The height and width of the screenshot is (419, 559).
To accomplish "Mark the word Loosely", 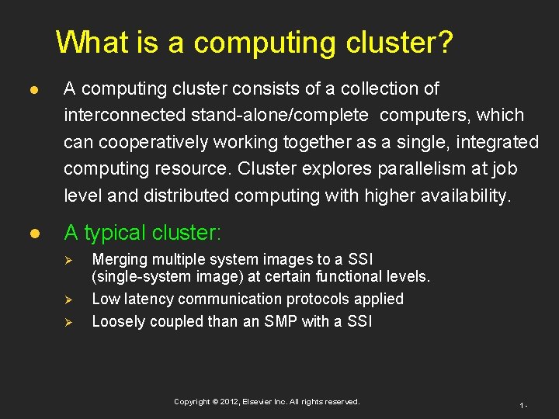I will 118,321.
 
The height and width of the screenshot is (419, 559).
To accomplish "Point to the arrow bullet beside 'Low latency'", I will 68,300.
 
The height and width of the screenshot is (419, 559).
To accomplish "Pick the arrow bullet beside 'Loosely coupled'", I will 68,321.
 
